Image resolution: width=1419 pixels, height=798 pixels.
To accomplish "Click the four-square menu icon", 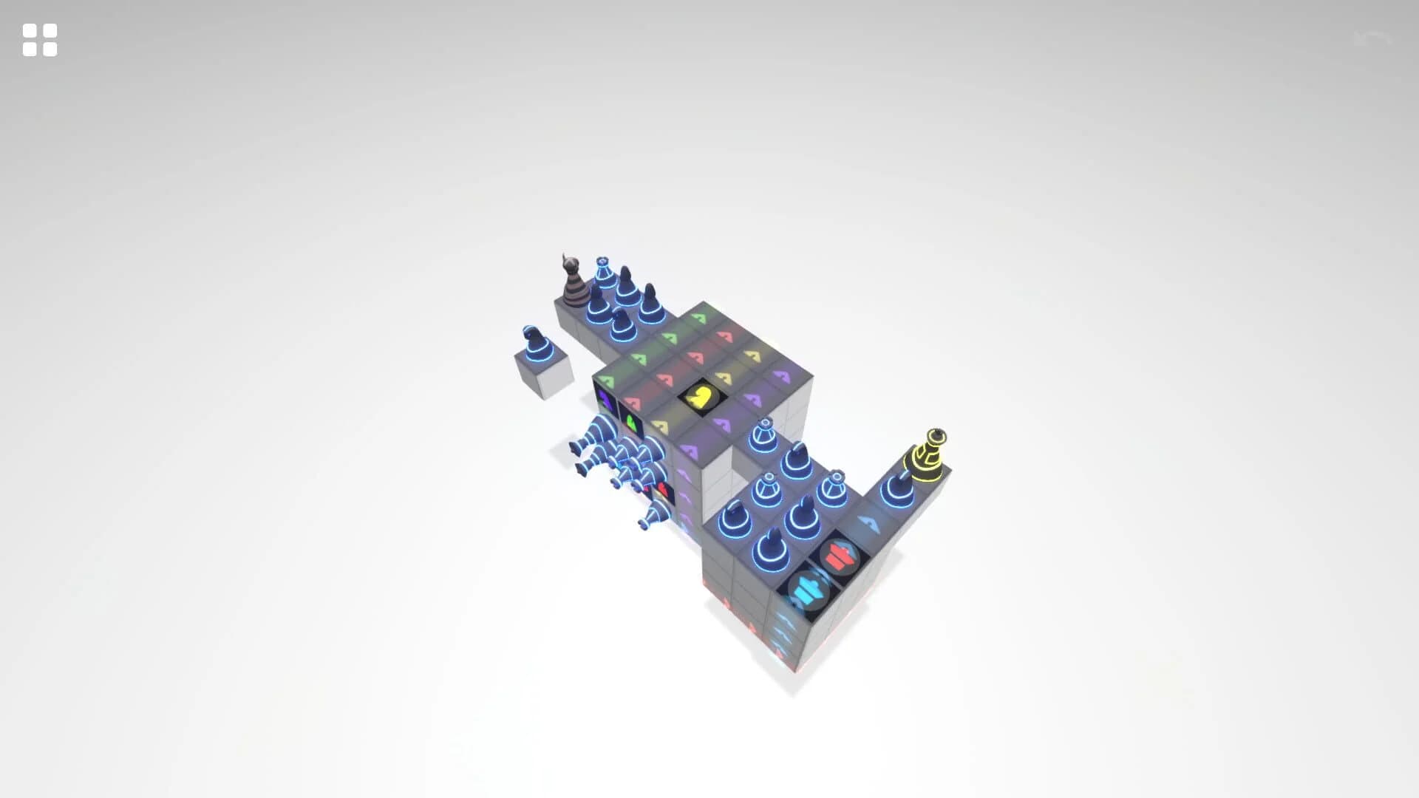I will pyautogui.click(x=40, y=40).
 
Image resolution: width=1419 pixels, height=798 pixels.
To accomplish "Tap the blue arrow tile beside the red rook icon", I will pyautogui.click(x=871, y=525).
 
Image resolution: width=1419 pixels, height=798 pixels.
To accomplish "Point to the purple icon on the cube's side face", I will pyautogui.click(x=605, y=401).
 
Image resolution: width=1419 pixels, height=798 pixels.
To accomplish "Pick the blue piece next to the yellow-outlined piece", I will pyautogui.click(x=896, y=487).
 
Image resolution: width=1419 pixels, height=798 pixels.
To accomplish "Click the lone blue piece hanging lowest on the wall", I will pyautogui.click(x=653, y=515).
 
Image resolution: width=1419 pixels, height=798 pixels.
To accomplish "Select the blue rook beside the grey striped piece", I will pyautogui.click(x=605, y=273).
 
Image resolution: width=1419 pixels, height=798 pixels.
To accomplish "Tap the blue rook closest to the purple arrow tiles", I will pyautogui.click(x=763, y=436).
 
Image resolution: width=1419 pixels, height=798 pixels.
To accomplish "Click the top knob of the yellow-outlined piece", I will pyautogui.click(x=937, y=435).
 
